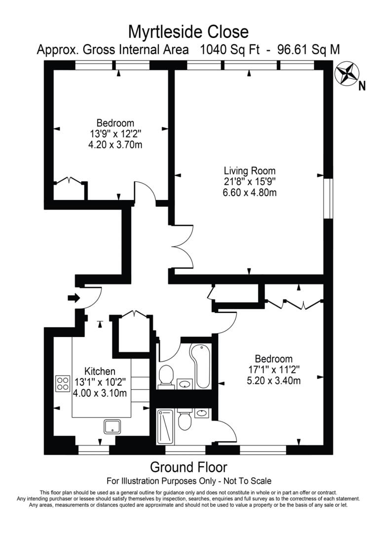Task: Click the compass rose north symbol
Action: (347, 74)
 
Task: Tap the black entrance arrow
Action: (74, 298)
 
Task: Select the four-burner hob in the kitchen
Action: (63, 383)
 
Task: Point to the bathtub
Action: (201, 366)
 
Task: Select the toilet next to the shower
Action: (185, 421)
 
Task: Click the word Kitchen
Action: (100, 371)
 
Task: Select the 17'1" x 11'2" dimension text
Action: (274, 369)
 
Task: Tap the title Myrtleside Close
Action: (188, 32)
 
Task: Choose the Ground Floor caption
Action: (188, 467)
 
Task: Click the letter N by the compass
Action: (362, 86)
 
